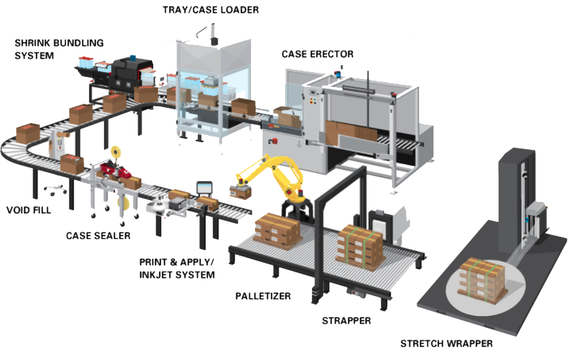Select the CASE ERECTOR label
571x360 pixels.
coord(317,54)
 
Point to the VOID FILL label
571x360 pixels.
coord(28,210)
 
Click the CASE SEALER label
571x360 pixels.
coord(98,235)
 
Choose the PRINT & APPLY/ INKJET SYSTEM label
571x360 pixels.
coord(177,268)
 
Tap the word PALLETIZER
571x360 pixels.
coord(263,296)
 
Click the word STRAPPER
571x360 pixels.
coord(346,321)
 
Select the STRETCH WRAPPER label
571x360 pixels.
coord(446,343)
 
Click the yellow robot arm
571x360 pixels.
coord(274,172)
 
